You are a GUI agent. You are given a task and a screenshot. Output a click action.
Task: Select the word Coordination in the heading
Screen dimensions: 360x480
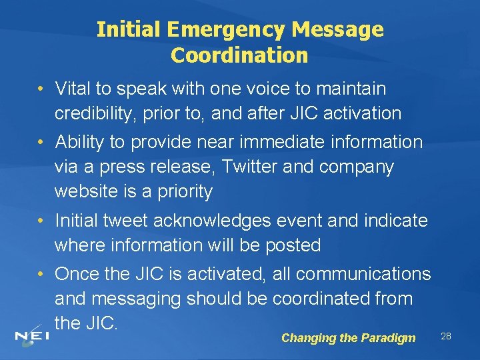239,55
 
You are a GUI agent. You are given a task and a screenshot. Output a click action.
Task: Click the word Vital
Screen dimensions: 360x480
73,88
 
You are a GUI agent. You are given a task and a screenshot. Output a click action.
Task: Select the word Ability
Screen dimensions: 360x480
80,142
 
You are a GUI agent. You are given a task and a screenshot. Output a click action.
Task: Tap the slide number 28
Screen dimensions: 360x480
446,337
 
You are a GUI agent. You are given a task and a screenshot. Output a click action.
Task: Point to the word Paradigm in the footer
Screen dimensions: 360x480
388,338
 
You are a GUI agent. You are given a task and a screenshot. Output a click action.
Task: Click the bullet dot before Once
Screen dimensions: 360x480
41,274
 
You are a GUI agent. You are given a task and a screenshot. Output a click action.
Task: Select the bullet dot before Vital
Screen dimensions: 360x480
41,88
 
